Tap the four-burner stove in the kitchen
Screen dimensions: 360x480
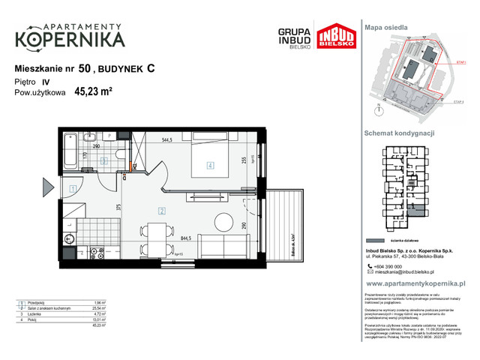pos(96,253)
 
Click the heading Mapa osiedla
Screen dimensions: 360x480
pos(386,26)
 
